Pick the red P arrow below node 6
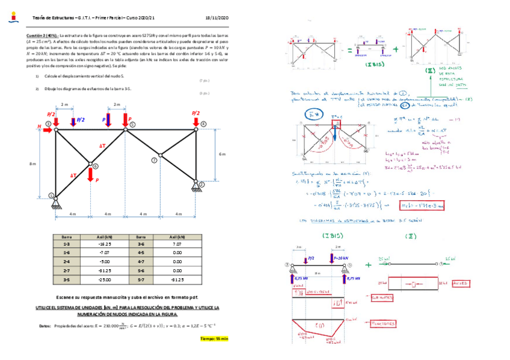(90, 175)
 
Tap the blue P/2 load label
(81, 120)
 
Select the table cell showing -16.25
(104, 245)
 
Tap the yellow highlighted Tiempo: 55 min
(214, 339)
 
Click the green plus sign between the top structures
(395, 49)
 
